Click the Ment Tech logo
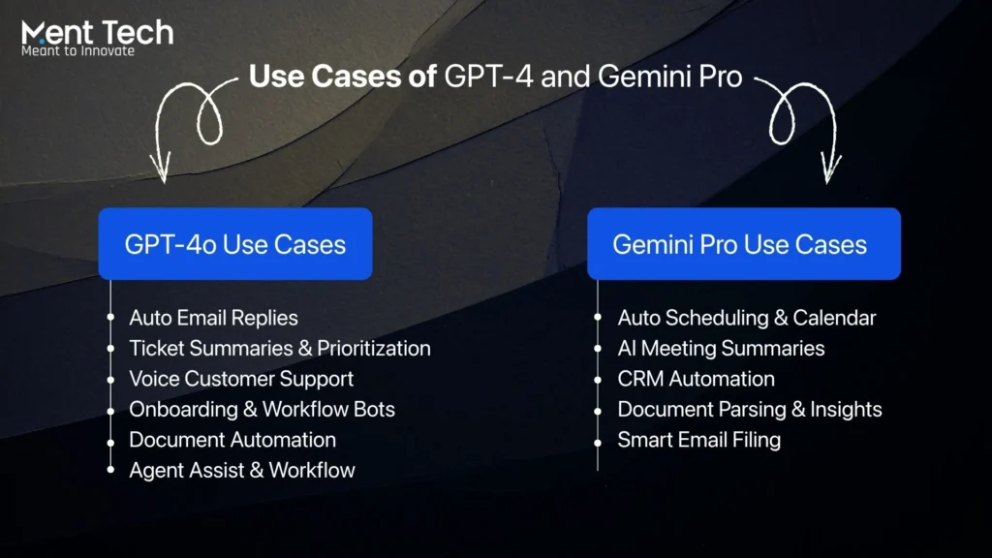[97, 32]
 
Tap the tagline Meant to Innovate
[77, 50]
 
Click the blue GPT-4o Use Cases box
[234, 244]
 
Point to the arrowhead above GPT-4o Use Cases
[160, 174]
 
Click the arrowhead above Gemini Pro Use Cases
[830, 174]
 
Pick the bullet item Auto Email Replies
[213, 318]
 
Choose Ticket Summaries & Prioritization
[280, 348]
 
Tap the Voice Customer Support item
[241, 379]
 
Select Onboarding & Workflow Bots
[262, 409]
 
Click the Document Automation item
[232, 440]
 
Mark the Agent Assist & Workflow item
[242, 471]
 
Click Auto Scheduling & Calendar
[747, 318]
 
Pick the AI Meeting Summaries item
[721, 348]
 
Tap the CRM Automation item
[696, 379]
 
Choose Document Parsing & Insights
[750, 409]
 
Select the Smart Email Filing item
[698, 440]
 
